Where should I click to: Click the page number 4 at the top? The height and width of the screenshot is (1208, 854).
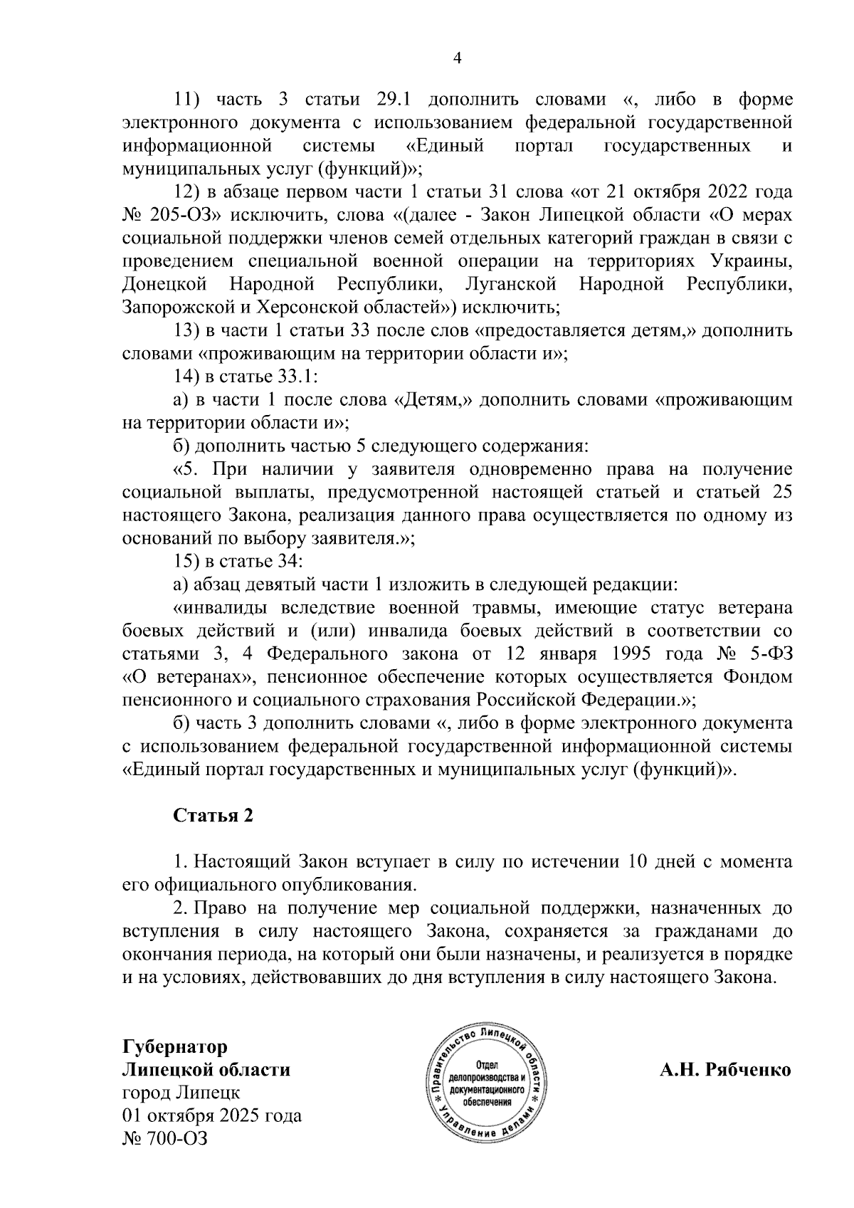457,58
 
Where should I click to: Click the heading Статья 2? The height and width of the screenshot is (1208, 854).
213,815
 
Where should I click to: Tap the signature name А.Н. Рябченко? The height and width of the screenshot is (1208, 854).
725,1069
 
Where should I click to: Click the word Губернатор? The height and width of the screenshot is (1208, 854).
176,1046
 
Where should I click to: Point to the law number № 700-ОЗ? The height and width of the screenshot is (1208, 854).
165,1138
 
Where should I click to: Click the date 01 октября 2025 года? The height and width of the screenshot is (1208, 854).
212,1115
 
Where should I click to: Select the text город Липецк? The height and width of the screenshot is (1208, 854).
181,1092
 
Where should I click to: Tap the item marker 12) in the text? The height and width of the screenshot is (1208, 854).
188,192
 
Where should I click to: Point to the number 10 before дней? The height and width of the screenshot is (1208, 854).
634,862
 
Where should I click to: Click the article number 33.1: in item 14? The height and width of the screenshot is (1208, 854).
306,377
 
